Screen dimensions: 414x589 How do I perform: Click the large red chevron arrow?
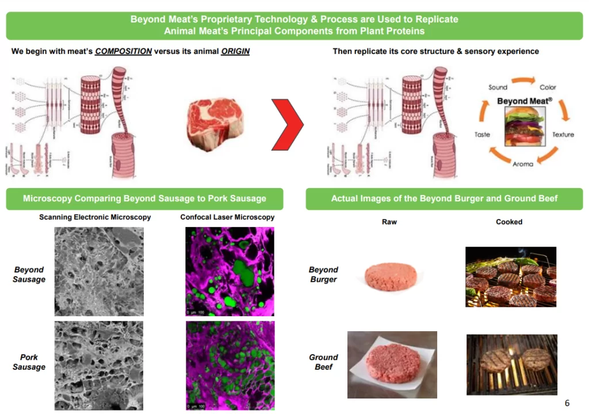click(287, 124)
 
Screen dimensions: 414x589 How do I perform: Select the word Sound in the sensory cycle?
click(498, 87)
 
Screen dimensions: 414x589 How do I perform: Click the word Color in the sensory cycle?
click(548, 87)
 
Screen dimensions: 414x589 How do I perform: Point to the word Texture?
click(563, 135)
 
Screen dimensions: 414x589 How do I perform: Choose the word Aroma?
click(522, 164)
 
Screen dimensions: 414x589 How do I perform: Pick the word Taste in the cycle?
click(482, 135)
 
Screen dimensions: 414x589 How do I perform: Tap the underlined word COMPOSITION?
click(123, 51)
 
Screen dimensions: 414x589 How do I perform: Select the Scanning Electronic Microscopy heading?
click(95, 217)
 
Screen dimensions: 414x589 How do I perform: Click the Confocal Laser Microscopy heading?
click(227, 217)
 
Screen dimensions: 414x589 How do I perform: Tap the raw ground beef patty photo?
click(392, 365)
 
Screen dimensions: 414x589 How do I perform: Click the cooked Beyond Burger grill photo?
click(510, 277)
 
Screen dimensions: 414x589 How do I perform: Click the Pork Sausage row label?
click(29, 362)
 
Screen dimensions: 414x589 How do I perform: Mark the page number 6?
click(567, 402)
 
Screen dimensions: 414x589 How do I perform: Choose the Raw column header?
click(389, 221)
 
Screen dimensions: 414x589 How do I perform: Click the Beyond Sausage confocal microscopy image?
click(230, 271)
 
